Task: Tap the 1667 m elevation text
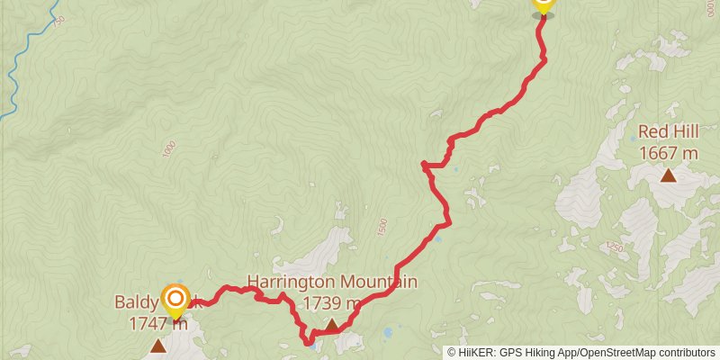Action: click(x=668, y=153)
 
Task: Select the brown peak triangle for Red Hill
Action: click(x=669, y=175)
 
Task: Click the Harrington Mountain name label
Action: click(x=332, y=283)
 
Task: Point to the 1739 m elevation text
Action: click(x=332, y=303)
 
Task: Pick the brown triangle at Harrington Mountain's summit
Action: click(x=332, y=324)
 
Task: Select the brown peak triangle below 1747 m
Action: click(x=158, y=346)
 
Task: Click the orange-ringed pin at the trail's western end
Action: click(x=175, y=299)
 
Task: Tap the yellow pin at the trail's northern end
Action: click(x=542, y=4)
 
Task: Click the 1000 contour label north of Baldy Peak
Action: click(x=168, y=149)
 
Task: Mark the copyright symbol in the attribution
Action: click(x=452, y=353)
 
